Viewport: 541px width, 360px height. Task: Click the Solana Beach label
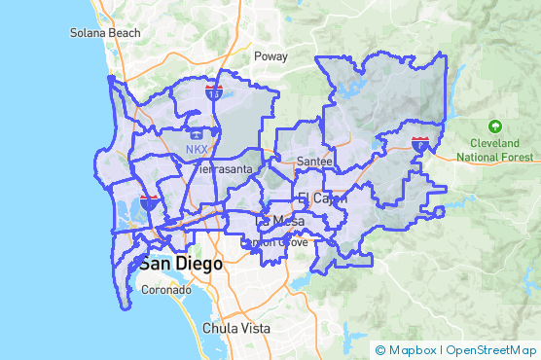(x=105, y=32)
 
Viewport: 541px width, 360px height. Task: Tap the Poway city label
(x=270, y=56)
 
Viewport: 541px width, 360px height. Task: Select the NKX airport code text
(x=197, y=150)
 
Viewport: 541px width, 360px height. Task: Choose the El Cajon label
(x=316, y=198)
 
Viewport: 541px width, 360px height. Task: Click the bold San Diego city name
(x=180, y=264)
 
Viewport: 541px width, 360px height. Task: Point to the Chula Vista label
(x=235, y=328)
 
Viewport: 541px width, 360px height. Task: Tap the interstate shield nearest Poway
(x=214, y=92)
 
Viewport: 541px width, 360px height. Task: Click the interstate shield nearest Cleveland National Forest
(x=420, y=144)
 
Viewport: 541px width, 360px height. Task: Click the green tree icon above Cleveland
(x=495, y=126)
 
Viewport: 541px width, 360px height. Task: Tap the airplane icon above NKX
(x=197, y=132)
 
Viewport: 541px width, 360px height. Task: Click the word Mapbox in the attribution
(x=413, y=350)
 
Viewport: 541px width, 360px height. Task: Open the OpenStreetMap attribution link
(x=490, y=350)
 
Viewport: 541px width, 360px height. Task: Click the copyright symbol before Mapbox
(x=380, y=350)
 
